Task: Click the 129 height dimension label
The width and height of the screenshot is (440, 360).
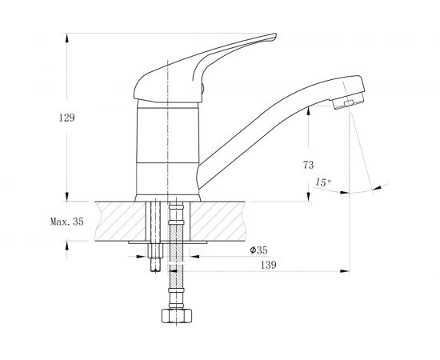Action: click(66, 118)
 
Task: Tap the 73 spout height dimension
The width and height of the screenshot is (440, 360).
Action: click(308, 165)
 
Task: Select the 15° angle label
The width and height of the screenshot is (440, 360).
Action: click(322, 182)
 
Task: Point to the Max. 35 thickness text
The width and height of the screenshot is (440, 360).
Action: click(67, 222)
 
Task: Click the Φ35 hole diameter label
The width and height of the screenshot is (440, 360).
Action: click(258, 250)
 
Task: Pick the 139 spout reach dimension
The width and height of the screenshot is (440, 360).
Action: click(269, 265)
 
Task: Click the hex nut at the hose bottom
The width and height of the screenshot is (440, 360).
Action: click(177, 316)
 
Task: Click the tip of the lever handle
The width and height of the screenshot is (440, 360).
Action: click(275, 34)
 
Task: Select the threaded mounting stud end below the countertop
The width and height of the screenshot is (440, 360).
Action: click(155, 265)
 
